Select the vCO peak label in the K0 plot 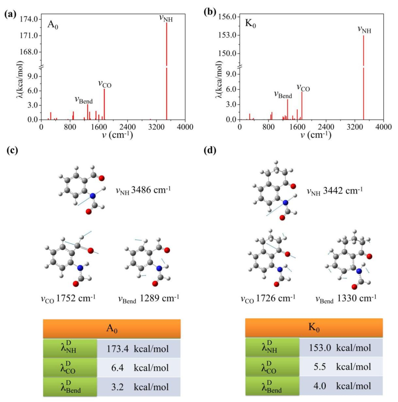click(303, 88)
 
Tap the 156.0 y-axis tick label click(227, 17)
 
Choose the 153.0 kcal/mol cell click(341, 348)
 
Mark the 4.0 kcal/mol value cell click(341, 387)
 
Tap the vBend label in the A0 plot click(84, 99)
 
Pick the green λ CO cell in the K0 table click(272, 367)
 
